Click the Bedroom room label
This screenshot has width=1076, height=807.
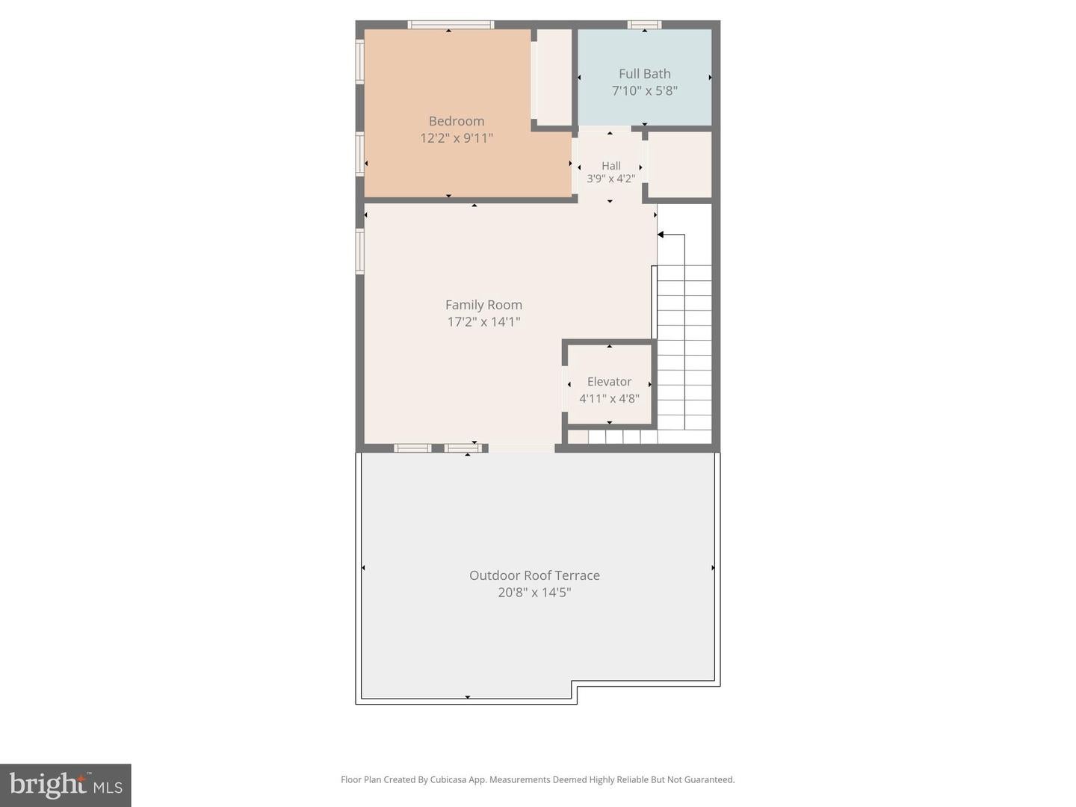456,121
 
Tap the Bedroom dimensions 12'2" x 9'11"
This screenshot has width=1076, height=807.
456,138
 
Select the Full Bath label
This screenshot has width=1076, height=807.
644,74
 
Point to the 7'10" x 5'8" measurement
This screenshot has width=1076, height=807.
644,91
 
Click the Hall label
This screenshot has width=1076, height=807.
610,166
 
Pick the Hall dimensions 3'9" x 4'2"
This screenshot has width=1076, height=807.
610,179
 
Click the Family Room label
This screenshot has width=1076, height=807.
483,305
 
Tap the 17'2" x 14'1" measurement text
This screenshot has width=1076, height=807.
483,322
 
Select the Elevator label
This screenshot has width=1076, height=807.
609,382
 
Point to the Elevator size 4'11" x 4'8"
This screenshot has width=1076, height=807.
609,399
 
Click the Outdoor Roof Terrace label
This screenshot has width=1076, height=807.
534,575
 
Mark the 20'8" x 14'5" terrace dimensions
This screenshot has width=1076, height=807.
534,593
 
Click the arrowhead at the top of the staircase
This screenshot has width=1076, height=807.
661,235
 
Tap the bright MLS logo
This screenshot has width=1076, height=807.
66,785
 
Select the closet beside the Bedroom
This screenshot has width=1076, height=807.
554,77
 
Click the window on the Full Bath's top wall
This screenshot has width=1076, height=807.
643,25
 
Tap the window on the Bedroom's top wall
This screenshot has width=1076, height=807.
451,25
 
